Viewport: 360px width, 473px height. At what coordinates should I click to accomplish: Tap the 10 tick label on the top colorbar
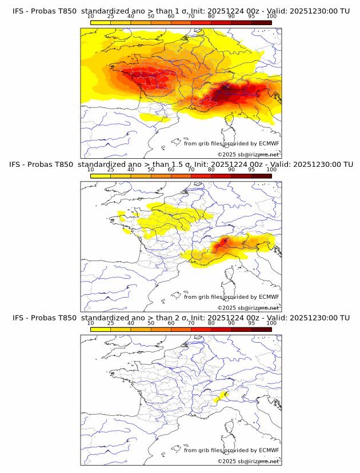click(x=90, y=17)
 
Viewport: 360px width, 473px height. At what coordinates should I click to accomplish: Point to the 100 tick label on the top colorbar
click(x=271, y=17)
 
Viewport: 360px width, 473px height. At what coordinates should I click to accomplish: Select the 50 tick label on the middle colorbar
click(x=151, y=170)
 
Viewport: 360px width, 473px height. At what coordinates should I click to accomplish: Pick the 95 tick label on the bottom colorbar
click(x=251, y=323)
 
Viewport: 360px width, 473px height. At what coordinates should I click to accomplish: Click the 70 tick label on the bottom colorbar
click(x=191, y=323)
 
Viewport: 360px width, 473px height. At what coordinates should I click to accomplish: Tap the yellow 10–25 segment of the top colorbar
click(x=100, y=22)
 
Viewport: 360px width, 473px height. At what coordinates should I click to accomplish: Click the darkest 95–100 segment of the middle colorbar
click(x=261, y=175)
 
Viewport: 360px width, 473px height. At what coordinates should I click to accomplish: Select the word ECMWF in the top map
click(x=269, y=144)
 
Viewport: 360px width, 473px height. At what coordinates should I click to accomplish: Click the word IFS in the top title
click(x=18, y=11)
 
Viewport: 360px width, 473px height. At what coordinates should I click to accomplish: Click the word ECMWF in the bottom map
click(x=269, y=450)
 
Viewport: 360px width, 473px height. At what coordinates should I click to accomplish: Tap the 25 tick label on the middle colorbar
click(x=110, y=170)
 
